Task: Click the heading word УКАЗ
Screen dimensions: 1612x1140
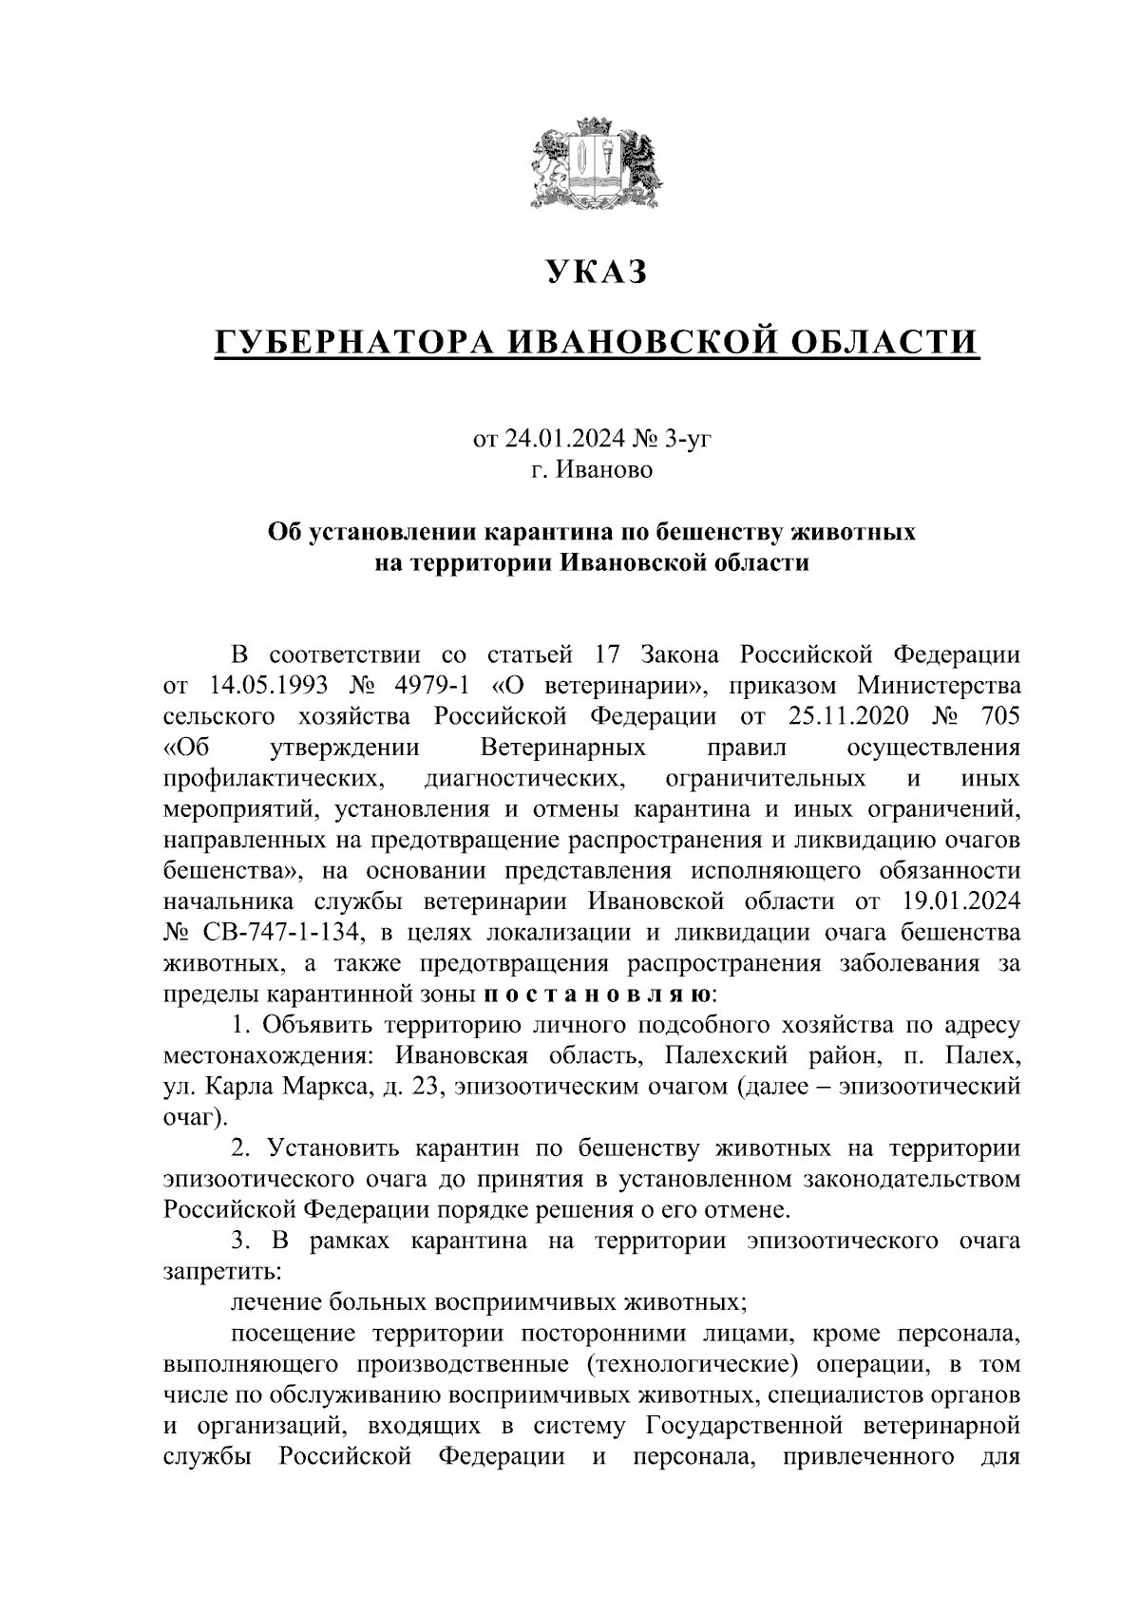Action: click(596, 273)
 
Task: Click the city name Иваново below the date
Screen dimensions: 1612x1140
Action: click(604, 469)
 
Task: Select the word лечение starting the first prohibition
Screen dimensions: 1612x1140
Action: click(281, 1301)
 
